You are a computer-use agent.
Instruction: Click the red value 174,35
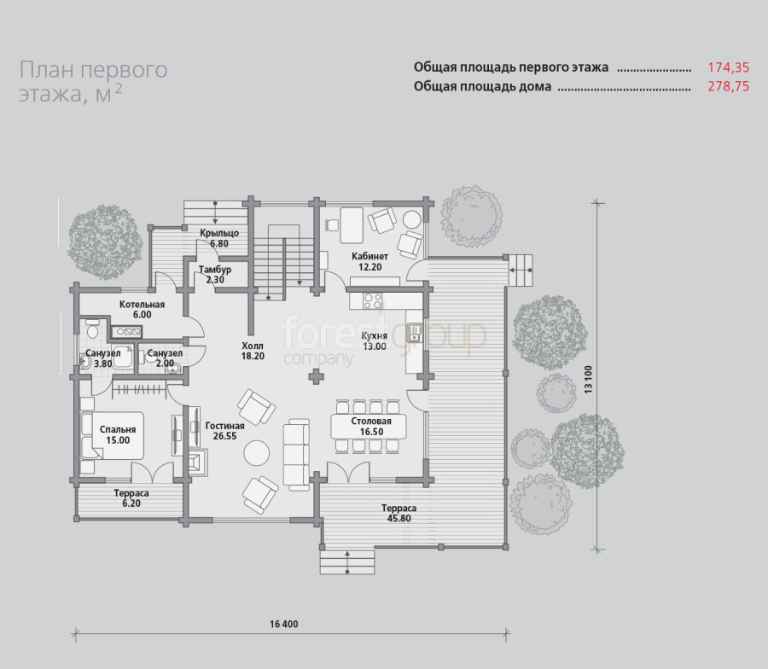click(729, 67)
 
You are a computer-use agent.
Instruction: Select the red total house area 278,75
click(729, 86)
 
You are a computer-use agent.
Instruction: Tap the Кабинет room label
click(369, 256)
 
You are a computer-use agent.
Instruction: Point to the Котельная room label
click(142, 305)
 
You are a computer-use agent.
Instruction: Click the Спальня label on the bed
click(118, 429)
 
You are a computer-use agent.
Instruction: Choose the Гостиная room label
click(224, 426)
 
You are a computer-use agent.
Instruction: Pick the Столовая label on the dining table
click(371, 422)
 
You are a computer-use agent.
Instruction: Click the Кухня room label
click(375, 335)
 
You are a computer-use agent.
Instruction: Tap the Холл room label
click(253, 346)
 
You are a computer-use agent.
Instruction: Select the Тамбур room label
click(215, 270)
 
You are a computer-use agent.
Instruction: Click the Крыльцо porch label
click(219, 233)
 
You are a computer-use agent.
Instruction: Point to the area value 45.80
click(399, 519)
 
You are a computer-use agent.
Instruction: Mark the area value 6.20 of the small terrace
click(131, 503)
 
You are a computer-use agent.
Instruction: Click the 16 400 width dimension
click(283, 624)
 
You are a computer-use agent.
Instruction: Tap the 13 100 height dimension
click(588, 379)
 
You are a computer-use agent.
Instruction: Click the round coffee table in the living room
click(257, 452)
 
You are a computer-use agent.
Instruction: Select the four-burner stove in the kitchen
click(372, 301)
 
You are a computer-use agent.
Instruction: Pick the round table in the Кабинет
click(412, 219)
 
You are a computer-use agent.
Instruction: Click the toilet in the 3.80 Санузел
click(91, 329)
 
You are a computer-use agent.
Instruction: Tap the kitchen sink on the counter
click(415, 333)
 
